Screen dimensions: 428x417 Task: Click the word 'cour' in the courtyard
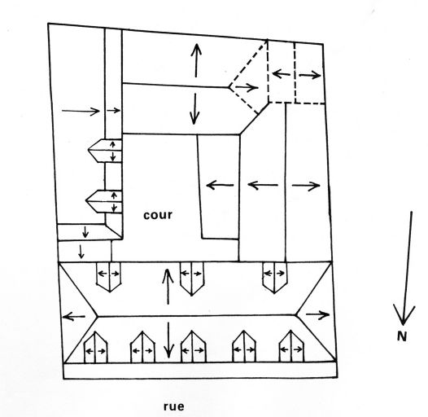tap(158, 215)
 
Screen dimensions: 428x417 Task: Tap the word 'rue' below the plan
tap(174, 406)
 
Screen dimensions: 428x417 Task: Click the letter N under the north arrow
tap(402, 336)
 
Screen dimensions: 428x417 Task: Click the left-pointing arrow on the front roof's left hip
tap(74, 317)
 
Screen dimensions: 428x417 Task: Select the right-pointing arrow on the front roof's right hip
tap(317, 315)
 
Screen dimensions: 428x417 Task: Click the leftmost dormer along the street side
tap(95, 347)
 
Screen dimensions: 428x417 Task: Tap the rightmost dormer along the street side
tap(291, 346)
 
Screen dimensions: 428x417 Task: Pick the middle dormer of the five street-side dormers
tap(193, 347)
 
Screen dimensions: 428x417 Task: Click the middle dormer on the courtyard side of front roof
tap(191, 279)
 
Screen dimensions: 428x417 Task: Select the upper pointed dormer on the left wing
tap(105, 151)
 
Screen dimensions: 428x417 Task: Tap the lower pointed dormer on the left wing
tap(103, 201)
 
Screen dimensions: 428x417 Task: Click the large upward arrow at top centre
tap(196, 60)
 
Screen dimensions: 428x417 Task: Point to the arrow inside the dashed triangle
tap(247, 87)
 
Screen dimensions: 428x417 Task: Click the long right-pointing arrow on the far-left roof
tap(81, 111)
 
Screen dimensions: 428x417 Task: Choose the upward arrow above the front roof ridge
tap(168, 287)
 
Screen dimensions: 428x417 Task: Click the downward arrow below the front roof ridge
tap(168, 340)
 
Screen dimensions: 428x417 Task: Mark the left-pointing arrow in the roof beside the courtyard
tap(220, 185)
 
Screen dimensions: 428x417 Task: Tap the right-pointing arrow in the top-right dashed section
tap(309, 75)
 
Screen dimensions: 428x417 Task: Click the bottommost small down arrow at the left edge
tap(81, 252)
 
